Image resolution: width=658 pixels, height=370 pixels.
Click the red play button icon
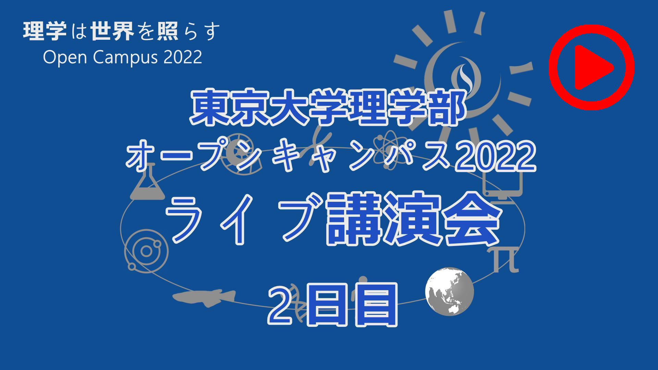pyautogui.click(x=592, y=67)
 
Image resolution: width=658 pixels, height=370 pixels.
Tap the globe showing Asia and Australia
pyautogui.click(x=450, y=292)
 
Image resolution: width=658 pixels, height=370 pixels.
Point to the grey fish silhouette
pyautogui.click(x=204, y=297)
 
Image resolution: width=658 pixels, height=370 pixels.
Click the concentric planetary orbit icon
pyautogui.click(x=146, y=251)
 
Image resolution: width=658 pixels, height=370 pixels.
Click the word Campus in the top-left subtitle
pyautogui.click(x=125, y=57)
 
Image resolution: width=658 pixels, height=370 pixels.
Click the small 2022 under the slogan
pyautogui.click(x=183, y=57)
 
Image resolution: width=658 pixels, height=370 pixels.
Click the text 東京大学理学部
pyautogui.click(x=329, y=107)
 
